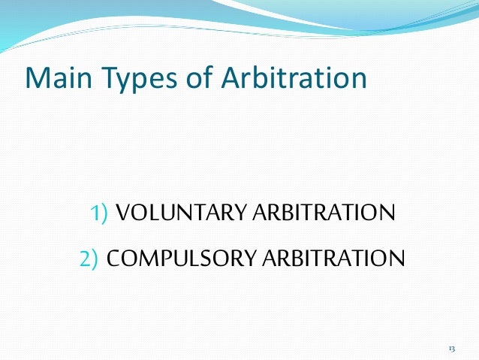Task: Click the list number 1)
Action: (101, 214)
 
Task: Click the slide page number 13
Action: (451, 348)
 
